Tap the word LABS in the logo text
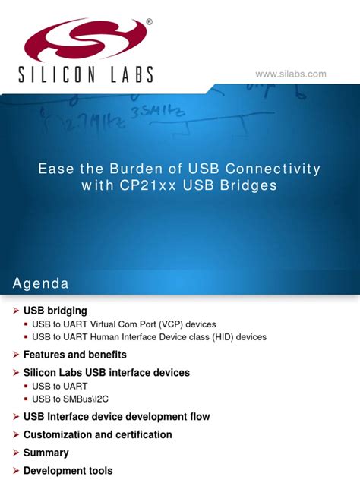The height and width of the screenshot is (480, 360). click(126, 74)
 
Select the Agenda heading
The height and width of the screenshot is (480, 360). click(40, 283)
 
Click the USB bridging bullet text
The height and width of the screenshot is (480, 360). click(55, 311)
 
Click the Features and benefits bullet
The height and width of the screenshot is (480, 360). click(75, 355)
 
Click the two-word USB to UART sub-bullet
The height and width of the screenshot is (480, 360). click(59, 387)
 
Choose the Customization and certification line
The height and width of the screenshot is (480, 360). click(98, 435)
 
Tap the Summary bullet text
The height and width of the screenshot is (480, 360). click(46, 453)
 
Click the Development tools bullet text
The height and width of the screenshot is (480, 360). click(68, 471)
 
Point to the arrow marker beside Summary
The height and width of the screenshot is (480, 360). click(15, 453)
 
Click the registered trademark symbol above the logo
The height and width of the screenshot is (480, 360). click(149, 23)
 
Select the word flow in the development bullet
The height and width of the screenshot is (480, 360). click(198, 417)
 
